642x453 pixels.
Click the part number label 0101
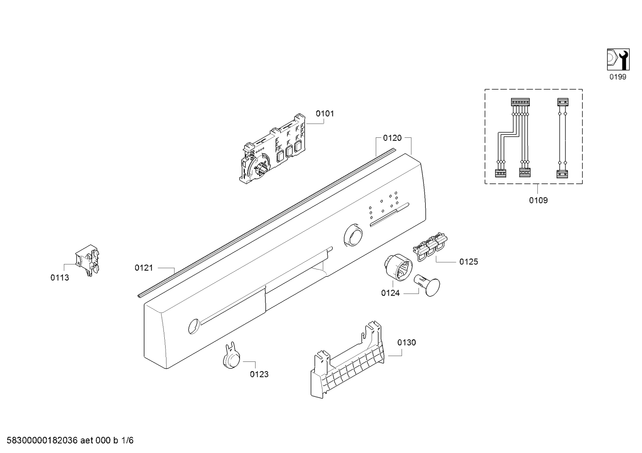[x=325, y=114]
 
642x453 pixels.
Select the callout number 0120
[x=392, y=138]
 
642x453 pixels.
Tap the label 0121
[x=144, y=268]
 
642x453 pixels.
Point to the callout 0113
[x=60, y=277]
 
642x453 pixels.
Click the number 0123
[x=259, y=374]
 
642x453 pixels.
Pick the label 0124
[x=390, y=293]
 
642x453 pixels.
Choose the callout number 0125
[x=469, y=261]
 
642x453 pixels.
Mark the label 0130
[x=406, y=342]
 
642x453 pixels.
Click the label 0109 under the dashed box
[x=538, y=200]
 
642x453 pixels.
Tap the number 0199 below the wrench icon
[x=618, y=77]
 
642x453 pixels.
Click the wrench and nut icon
[x=618, y=60]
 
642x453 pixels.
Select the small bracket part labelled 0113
[x=88, y=260]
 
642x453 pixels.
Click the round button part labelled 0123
[x=231, y=356]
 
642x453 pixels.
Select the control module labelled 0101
[x=272, y=148]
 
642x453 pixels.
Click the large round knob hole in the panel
[x=353, y=235]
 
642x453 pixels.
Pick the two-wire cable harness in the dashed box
[x=562, y=138]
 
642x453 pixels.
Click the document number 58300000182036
[x=42, y=441]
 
